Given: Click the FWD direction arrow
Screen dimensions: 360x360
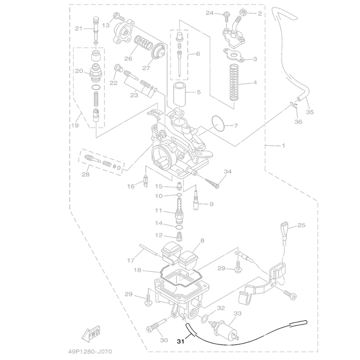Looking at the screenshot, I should (90, 334).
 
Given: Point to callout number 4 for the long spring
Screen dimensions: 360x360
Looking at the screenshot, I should (255, 82).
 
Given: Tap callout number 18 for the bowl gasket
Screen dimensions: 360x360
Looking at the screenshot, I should (137, 270).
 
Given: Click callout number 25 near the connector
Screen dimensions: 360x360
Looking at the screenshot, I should (301, 225).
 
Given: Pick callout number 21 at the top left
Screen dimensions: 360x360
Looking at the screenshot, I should (78, 29).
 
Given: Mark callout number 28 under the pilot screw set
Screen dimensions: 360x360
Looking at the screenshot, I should (86, 175).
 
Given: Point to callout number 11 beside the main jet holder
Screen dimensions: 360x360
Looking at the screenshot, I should (158, 210).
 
